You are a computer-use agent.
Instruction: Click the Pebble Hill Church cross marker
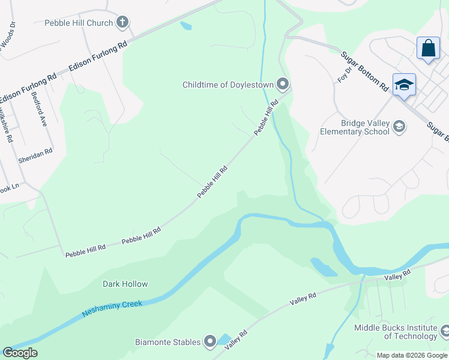[x=122, y=23]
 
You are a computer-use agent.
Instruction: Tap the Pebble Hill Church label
[x=79, y=23]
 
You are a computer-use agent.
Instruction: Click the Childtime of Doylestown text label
[x=228, y=85]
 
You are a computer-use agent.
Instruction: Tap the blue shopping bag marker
[x=429, y=49]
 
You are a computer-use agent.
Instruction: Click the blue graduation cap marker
[x=404, y=85]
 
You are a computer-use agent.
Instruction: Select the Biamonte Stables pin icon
[x=210, y=342]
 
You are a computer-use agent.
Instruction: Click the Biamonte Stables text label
[x=167, y=342]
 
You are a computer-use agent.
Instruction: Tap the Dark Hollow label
[x=125, y=284]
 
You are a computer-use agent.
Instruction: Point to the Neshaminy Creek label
[x=112, y=308]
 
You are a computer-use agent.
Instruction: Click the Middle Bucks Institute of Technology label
[x=396, y=332]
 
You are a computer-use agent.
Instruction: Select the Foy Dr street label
[x=343, y=76]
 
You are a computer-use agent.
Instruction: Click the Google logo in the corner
[x=20, y=353]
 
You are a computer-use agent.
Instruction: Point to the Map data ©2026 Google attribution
[x=412, y=355]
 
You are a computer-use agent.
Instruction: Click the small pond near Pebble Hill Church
[x=186, y=26]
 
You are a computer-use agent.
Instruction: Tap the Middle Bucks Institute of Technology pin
[x=445, y=331]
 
